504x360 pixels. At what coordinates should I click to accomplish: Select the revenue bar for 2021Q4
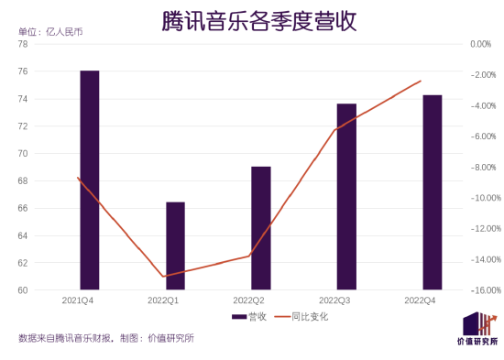click(x=90, y=180)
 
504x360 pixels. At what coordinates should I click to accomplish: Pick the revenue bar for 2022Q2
click(x=261, y=228)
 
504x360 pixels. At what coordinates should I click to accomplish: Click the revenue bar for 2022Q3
click(x=346, y=196)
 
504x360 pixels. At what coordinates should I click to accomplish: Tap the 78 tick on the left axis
click(x=23, y=44)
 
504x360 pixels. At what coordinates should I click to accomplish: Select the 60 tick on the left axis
click(x=23, y=290)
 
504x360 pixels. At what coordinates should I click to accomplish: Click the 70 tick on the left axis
click(x=23, y=153)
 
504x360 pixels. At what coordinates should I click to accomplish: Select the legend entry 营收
click(x=249, y=317)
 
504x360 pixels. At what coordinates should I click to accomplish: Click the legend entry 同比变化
click(x=302, y=317)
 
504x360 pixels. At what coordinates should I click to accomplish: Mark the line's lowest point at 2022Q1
click(x=163, y=277)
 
